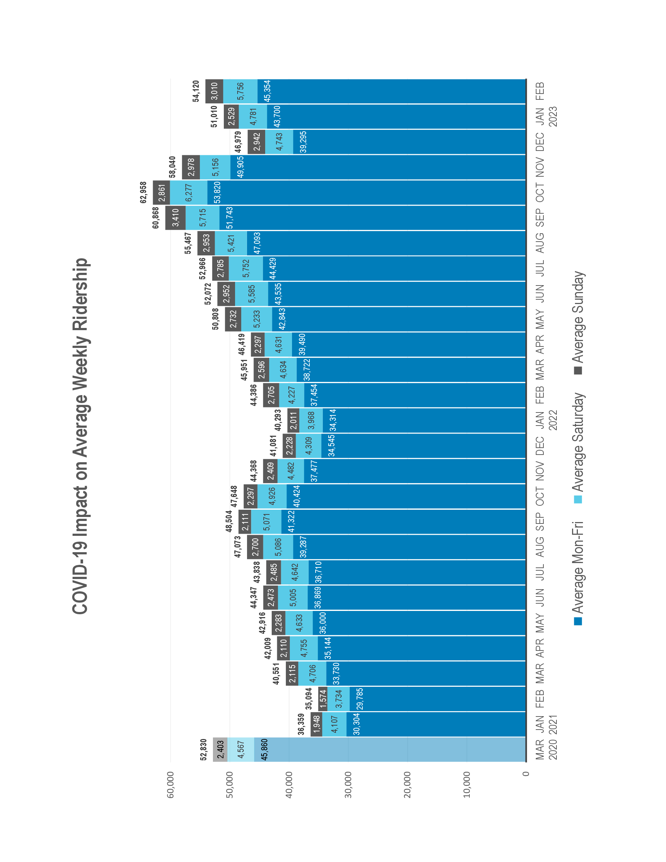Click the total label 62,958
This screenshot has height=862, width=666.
coord(143,192)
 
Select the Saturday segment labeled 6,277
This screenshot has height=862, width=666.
coord(189,192)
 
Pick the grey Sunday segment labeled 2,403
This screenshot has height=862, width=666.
coord(220,749)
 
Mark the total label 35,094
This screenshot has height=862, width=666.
coord(309,699)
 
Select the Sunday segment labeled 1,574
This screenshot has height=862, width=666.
coord(323,699)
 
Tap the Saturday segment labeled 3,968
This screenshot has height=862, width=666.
coord(311,420)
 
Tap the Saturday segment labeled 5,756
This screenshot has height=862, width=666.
coord(240,91)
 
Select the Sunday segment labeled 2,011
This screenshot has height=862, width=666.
coord(293,420)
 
